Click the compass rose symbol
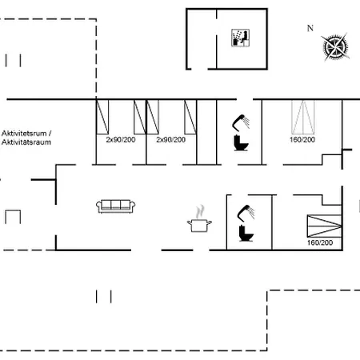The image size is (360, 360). click(x=335, y=47)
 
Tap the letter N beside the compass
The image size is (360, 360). click(x=310, y=28)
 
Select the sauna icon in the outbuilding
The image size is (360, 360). click(x=240, y=38)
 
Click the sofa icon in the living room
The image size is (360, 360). click(x=115, y=206)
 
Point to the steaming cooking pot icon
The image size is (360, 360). click(x=199, y=219)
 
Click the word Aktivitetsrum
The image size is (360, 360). click(x=24, y=133)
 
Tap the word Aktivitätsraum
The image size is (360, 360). click(x=26, y=142)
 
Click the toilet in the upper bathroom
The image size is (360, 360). click(x=241, y=143)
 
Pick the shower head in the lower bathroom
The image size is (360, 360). click(x=246, y=213)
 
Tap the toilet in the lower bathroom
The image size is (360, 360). click(x=246, y=234)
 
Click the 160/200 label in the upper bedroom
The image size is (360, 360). click(x=302, y=139)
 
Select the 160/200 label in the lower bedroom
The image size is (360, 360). click(x=320, y=242)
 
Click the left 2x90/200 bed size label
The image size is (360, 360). click(x=121, y=139)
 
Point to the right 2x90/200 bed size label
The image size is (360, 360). click(x=170, y=139)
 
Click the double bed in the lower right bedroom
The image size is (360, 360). click(x=324, y=226)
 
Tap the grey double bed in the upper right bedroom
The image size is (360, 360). click(x=303, y=117)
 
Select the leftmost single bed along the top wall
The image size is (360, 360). click(x=102, y=117)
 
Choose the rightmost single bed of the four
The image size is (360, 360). click(x=190, y=117)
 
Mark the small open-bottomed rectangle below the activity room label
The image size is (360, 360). click(x=13, y=210)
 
